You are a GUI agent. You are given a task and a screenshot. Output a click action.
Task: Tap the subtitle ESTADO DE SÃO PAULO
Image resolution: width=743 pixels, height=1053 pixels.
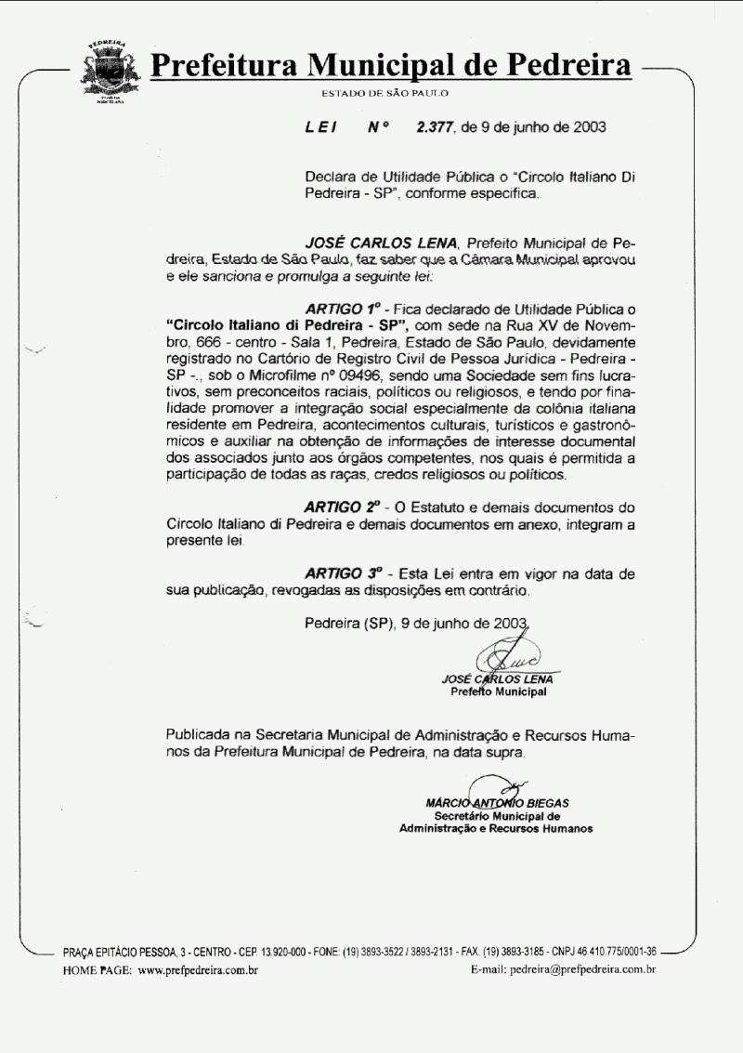tap(385, 94)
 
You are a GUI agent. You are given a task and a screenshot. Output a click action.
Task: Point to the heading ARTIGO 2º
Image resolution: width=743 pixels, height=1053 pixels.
tap(343, 508)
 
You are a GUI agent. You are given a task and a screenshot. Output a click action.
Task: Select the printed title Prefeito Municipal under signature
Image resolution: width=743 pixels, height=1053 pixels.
tap(498, 691)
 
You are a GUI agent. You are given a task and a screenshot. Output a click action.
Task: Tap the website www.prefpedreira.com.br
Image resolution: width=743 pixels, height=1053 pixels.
tap(198, 970)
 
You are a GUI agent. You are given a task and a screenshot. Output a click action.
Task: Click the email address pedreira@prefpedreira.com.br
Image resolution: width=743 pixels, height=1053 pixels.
tap(582, 970)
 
